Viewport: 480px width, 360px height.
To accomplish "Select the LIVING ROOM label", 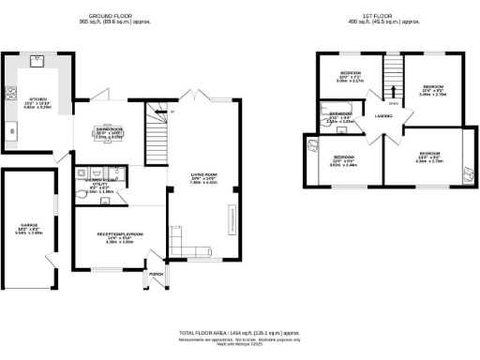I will coord(204,177).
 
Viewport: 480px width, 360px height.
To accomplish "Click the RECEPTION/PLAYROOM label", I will coord(120,235).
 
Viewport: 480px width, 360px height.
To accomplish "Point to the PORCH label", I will coord(156,275).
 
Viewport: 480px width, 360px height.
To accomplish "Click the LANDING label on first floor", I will coord(382,115).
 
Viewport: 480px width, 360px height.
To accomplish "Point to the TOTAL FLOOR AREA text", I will coord(239,332).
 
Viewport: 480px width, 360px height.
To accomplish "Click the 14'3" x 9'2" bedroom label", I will coord(430,156).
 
